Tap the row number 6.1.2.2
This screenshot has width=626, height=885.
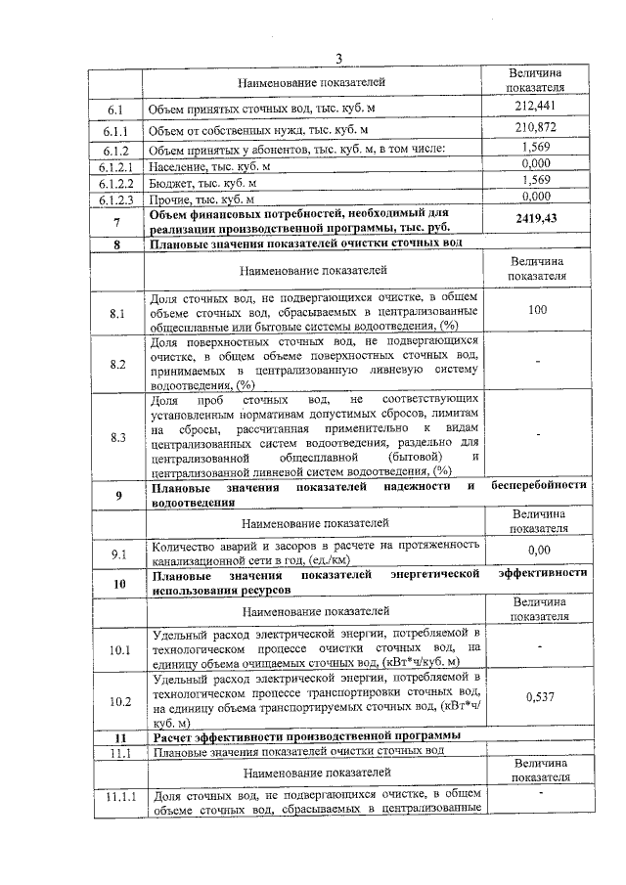[x=115, y=182]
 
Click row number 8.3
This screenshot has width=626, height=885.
[x=117, y=436]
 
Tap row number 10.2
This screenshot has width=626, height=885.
[x=117, y=700]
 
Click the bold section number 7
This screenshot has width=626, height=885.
[x=116, y=223]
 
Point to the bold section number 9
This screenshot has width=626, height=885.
[x=118, y=495]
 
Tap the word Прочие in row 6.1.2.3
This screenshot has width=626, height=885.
[x=170, y=197]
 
